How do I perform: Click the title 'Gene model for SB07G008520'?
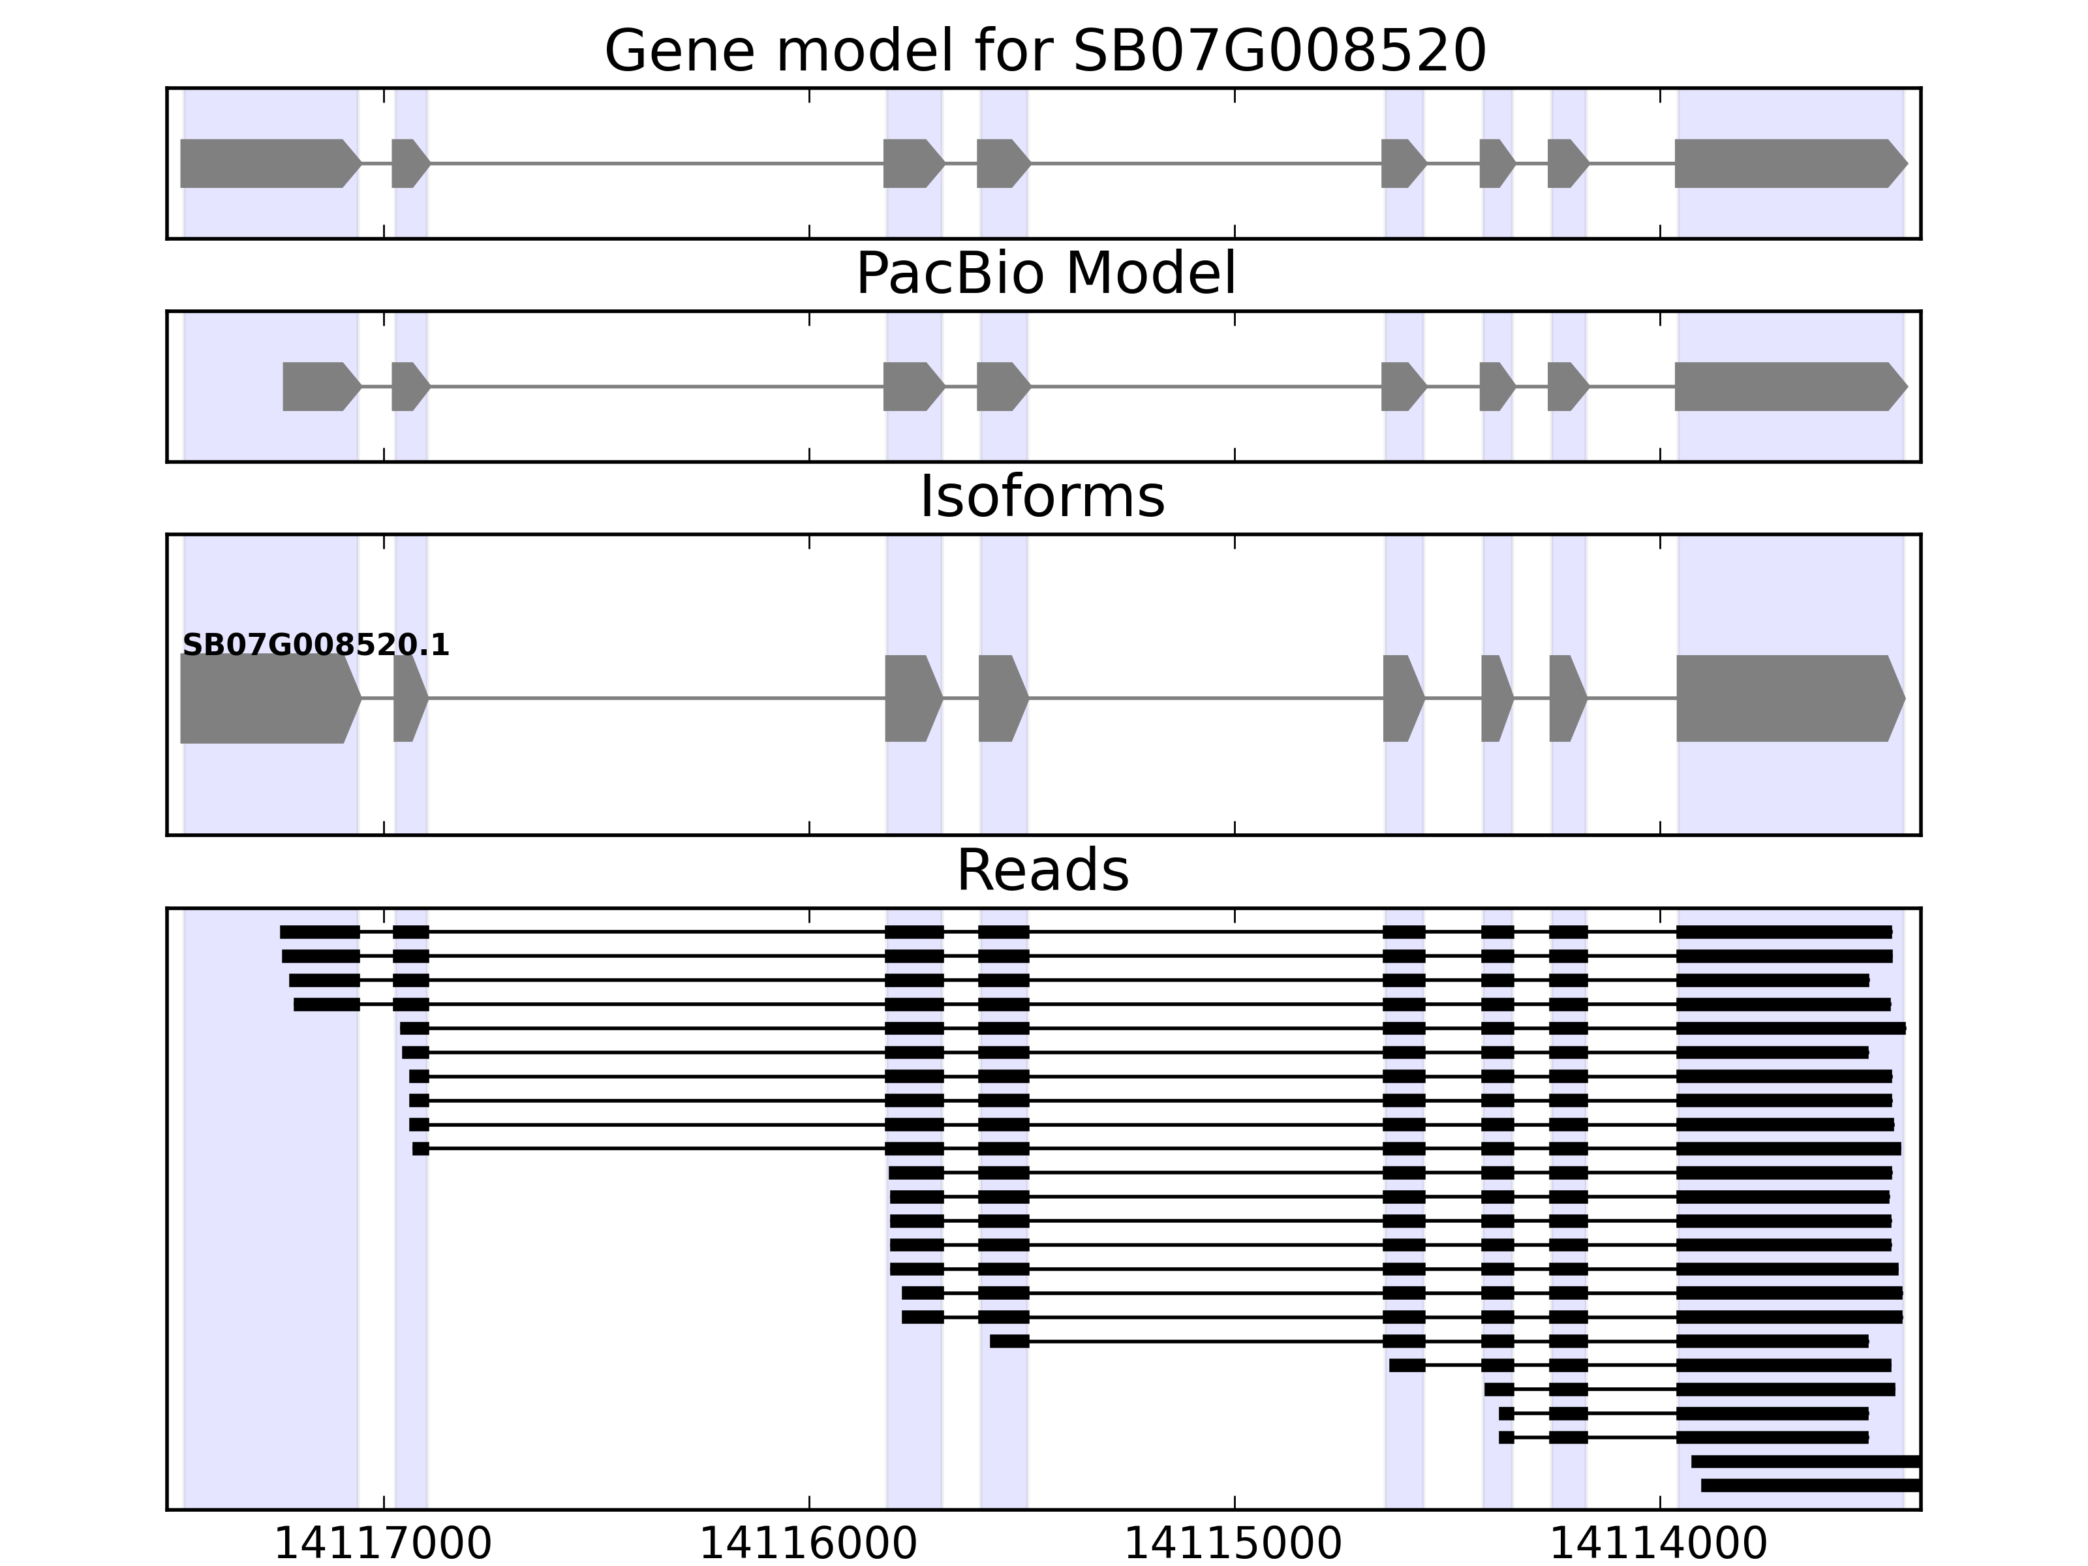coord(1044,51)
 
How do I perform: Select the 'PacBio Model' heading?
coord(1044,274)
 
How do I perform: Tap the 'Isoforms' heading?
coord(1042,497)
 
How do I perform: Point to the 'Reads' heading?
coord(1042,870)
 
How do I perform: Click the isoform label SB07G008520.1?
coord(315,646)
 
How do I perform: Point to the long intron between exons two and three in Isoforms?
coord(656,699)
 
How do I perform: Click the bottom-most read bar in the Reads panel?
coord(1809,1485)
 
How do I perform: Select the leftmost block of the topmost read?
coord(319,932)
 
